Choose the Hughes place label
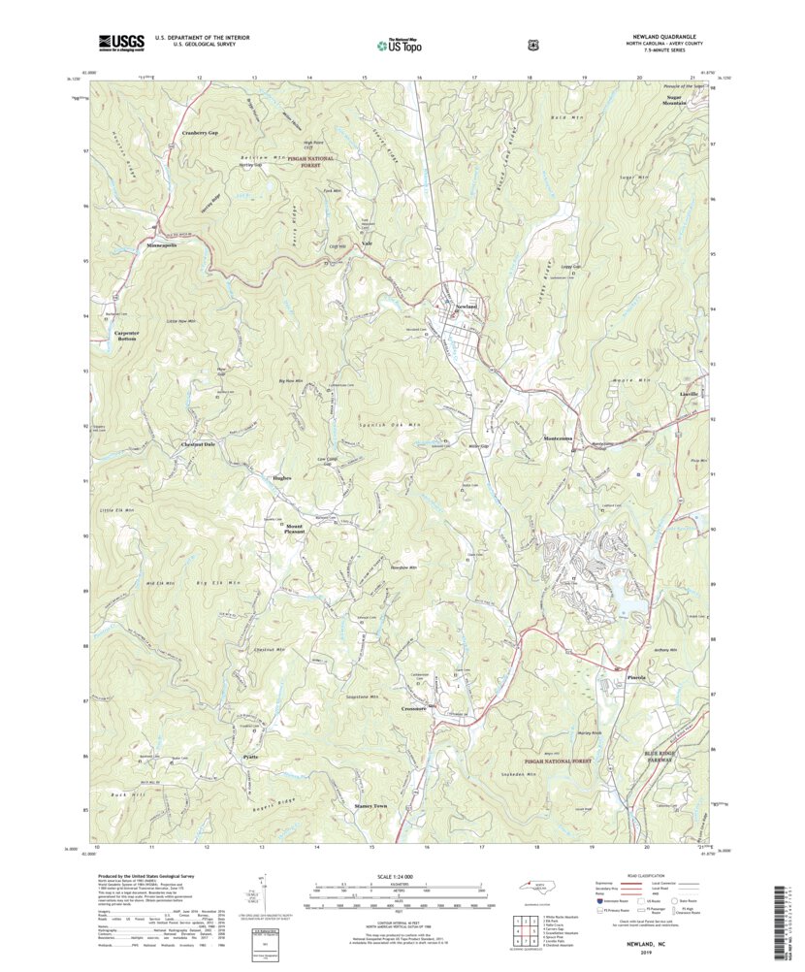tap(281, 478)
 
